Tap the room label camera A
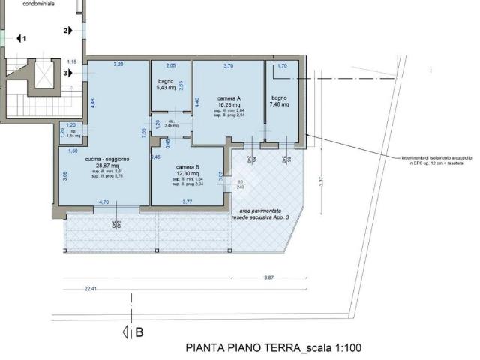(229, 99)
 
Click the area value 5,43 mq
(166, 88)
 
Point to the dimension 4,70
(104, 202)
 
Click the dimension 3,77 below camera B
(186, 202)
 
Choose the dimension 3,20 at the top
(118, 64)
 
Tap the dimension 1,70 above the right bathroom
(282, 65)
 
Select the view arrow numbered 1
(22, 37)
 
